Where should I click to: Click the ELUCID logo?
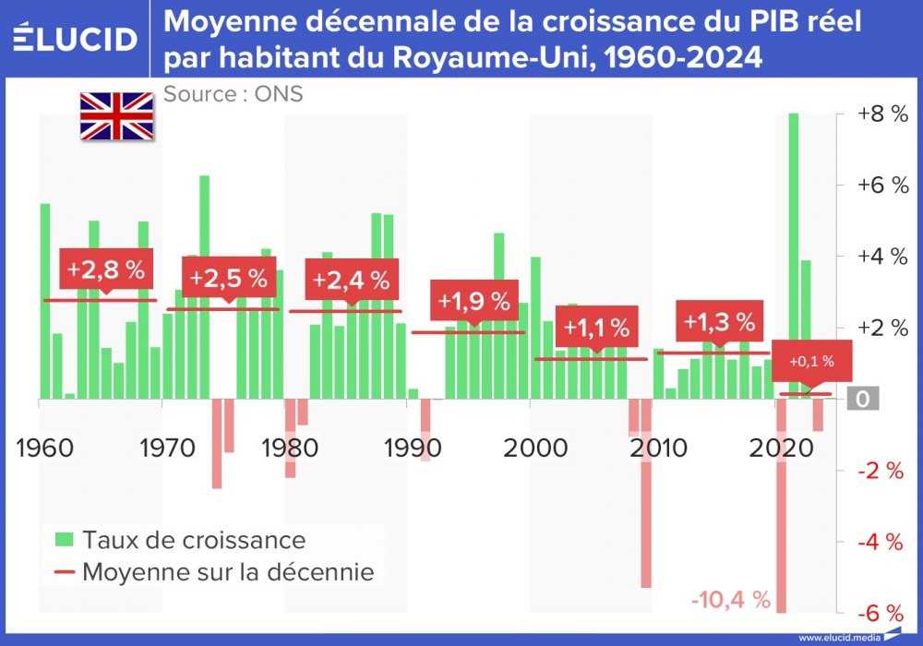tap(76, 39)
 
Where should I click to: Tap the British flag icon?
tap(116, 116)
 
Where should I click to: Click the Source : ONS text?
tap(233, 93)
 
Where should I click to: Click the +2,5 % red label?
tap(229, 278)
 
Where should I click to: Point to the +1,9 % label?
tap(473, 301)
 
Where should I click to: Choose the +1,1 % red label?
tap(596, 327)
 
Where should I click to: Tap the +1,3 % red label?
tap(719, 322)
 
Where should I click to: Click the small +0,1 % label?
tap(810, 362)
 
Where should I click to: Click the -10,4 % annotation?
tap(730, 600)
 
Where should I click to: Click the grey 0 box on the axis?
tap(860, 399)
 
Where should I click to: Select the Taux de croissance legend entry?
tap(180, 538)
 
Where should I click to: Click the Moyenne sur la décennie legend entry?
tap(214, 572)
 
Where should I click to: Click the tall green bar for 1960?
tap(45, 301)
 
